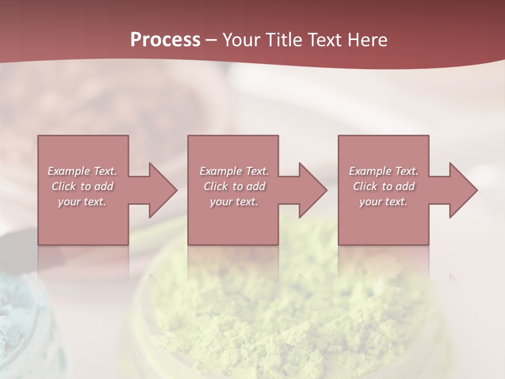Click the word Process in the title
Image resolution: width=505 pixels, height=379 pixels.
tap(165, 40)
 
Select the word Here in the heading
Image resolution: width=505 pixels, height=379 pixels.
tap(368, 40)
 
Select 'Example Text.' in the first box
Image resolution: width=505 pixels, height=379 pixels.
tap(82, 171)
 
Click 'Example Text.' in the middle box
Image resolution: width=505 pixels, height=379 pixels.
tap(234, 171)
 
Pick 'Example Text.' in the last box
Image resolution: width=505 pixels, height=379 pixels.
tap(383, 171)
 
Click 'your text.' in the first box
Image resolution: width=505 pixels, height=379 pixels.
tap(82, 202)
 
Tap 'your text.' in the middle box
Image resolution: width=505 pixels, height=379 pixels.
tap(234, 202)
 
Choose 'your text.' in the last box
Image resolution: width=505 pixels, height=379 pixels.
tap(383, 202)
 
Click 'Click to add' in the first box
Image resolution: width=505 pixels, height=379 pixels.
tap(82, 186)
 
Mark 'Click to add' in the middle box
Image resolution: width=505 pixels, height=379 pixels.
tap(234, 186)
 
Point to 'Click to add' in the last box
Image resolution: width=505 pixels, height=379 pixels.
tap(383, 186)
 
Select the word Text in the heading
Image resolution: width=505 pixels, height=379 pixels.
tap(325, 40)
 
